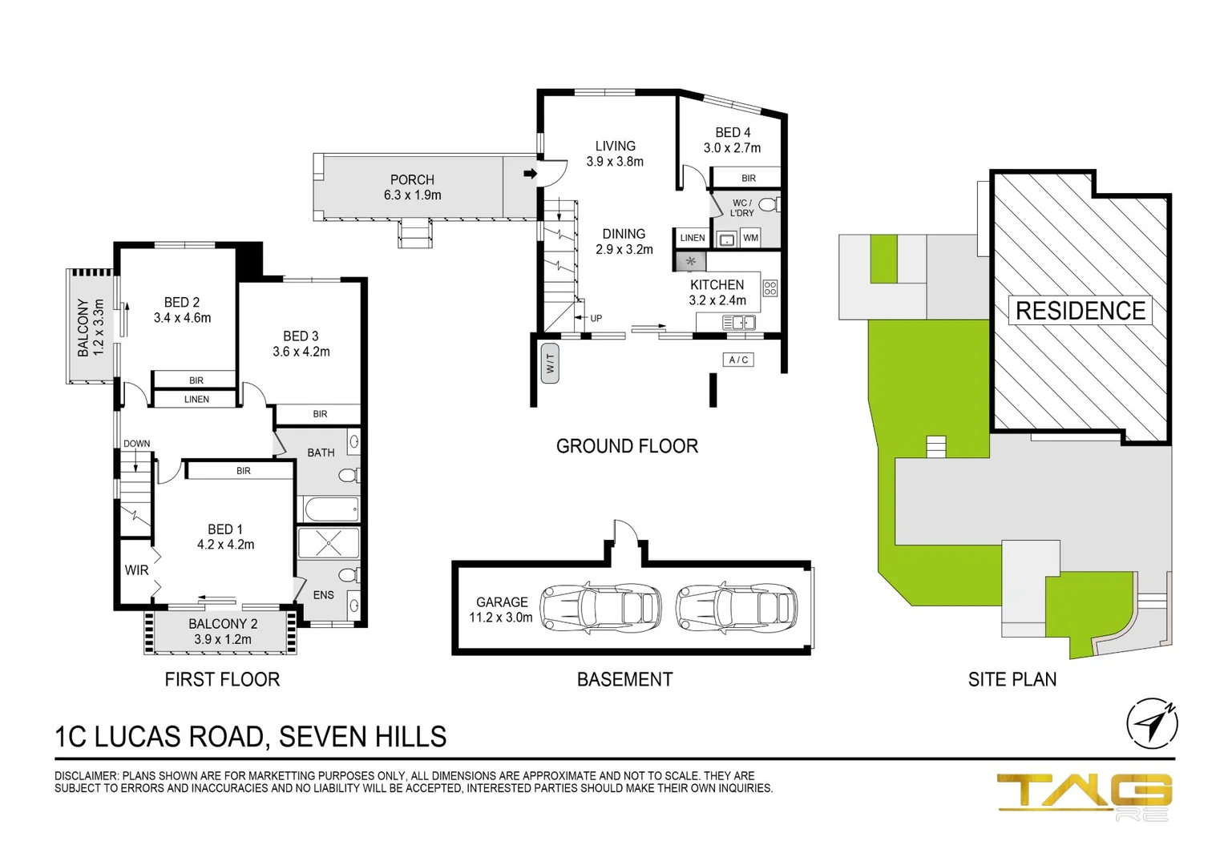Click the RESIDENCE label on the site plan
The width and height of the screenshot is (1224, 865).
(x=1080, y=311)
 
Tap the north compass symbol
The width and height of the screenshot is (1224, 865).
(x=1152, y=723)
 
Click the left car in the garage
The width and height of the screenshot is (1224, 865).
(x=600, y=608)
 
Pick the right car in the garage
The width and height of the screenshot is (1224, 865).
(x=737, y=608)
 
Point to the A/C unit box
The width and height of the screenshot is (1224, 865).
(x=738, y=360)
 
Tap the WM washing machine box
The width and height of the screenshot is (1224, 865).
(x=750, y=238)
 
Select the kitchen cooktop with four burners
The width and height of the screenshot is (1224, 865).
(x=770, y=288)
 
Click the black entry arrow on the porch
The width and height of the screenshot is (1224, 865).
(x=530, y=173)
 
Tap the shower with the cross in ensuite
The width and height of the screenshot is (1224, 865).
(x=329, y=543)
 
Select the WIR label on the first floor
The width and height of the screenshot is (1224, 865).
(x=136, y=570)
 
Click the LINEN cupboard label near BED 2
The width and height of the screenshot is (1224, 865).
(x=196, y=399)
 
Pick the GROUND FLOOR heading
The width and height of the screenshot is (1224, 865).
(x=627, y=446)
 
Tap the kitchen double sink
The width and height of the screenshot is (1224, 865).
(x=738, y=323)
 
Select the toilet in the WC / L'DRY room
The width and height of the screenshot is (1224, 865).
(x=768, y=205)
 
